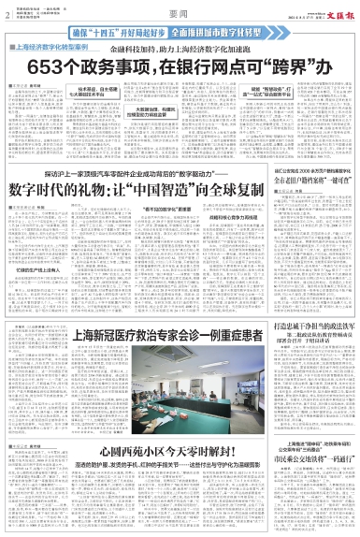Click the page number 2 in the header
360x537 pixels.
8,15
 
